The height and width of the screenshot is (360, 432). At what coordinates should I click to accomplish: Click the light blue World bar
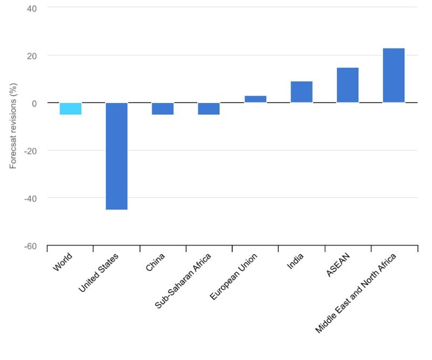coord(70,108)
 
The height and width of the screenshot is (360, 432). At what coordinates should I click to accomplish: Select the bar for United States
coord(117,156)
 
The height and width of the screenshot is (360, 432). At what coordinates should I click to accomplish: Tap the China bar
coord(163,108)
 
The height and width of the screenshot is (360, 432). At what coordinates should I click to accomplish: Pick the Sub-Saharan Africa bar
coord(208,108)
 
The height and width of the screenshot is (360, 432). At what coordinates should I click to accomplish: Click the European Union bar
coord(255,99)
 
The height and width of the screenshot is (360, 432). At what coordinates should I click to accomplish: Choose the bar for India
coord(301,92)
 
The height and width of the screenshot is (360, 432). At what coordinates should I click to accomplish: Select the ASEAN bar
coord(347,85)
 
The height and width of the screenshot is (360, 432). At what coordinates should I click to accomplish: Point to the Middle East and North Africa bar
coord(394,76)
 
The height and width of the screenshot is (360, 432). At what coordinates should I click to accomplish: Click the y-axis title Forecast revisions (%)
coord(13,126)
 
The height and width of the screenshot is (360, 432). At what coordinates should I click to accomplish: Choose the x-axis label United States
coord(99,273)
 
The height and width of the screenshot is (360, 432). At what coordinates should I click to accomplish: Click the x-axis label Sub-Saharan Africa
coord(183,281)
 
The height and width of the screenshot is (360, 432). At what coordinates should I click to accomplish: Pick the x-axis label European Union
coord(234,277)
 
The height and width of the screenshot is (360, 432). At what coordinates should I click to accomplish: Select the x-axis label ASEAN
coord(339,264)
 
